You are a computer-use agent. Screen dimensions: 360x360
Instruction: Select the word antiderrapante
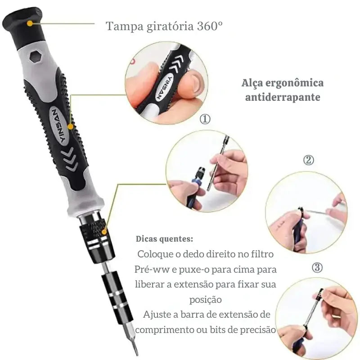pyautogui.click(x=283, y=97)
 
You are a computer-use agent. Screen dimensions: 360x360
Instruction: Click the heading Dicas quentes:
pyautogui.click(x=164, y=239)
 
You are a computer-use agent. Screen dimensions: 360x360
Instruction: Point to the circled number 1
pyautogui.click(x=205, y=119)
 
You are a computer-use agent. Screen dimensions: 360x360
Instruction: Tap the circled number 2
pyautogui.click(x=308, y=160)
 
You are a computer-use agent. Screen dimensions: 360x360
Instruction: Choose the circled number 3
pyautogui.click(x=317, y=267)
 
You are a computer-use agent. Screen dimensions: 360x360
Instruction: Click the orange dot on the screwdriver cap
pyautogui.click(x=30, y=23)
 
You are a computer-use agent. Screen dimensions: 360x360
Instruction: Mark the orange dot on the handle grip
pyautogui.click(x=71, y=126)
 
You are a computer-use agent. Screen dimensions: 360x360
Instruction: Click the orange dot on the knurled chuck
pyautogui.click(x=104, y=232)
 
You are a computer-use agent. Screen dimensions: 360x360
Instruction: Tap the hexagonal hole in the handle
pyautogui.click(x=36, y=57)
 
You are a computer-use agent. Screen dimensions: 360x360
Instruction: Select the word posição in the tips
pyautogui.click(x=206, y=300)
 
